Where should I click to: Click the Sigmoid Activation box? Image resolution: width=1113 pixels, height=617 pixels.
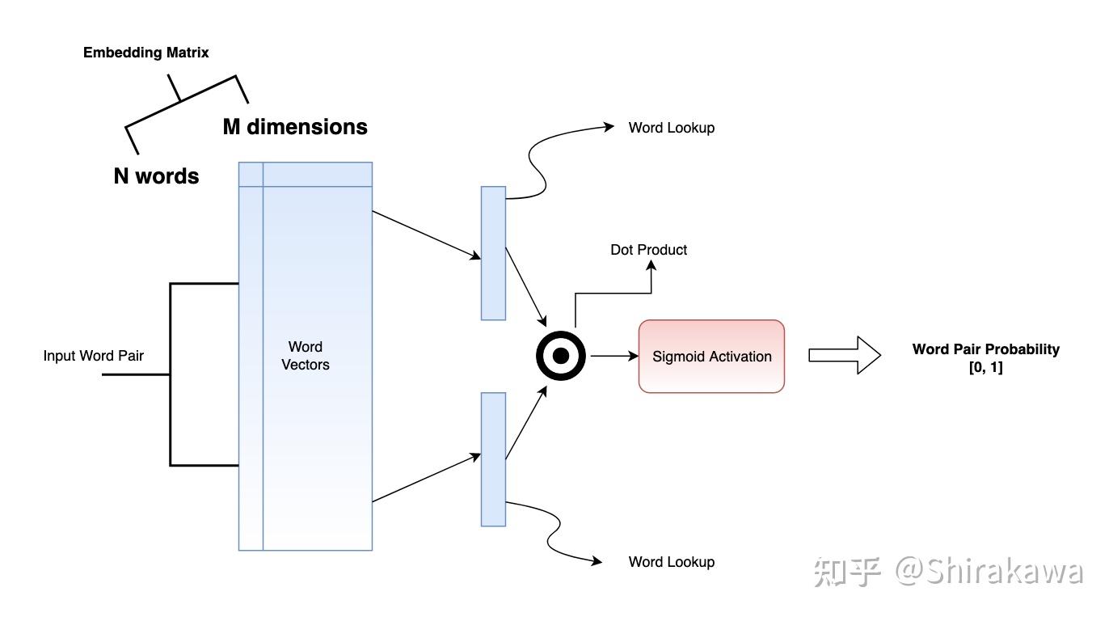point(711,357)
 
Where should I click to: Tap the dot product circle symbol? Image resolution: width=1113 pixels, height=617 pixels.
point(560,356)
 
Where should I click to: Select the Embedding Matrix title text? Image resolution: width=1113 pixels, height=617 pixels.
point(146,53)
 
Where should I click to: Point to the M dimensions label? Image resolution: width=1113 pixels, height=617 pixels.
point(295,127)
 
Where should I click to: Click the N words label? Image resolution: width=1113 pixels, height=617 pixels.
point(156,176)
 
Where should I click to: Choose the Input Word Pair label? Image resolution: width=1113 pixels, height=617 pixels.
point(93,356)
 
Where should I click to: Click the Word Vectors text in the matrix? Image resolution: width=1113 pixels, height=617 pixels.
point(305,356)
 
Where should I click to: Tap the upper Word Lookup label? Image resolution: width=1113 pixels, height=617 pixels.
point(671,128)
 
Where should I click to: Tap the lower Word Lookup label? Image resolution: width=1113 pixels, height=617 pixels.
point(671,562)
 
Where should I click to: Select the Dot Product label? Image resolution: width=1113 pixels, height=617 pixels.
point(648,250)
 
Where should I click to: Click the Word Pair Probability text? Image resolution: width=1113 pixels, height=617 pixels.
point(985,350)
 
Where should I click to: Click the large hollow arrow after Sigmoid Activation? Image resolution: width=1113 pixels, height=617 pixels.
point(844,356)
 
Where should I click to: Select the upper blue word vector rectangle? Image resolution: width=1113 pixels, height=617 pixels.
point(493,253)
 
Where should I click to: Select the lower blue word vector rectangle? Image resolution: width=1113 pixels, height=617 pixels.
point(493,459)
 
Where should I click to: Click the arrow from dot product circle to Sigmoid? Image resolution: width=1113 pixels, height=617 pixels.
point(613,356)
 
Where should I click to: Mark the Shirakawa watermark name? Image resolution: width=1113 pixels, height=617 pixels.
point(1002,571)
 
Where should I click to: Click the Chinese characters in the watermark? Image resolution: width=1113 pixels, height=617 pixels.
point(847,571)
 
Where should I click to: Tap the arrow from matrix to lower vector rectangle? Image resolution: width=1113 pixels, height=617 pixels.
point(427,479)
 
